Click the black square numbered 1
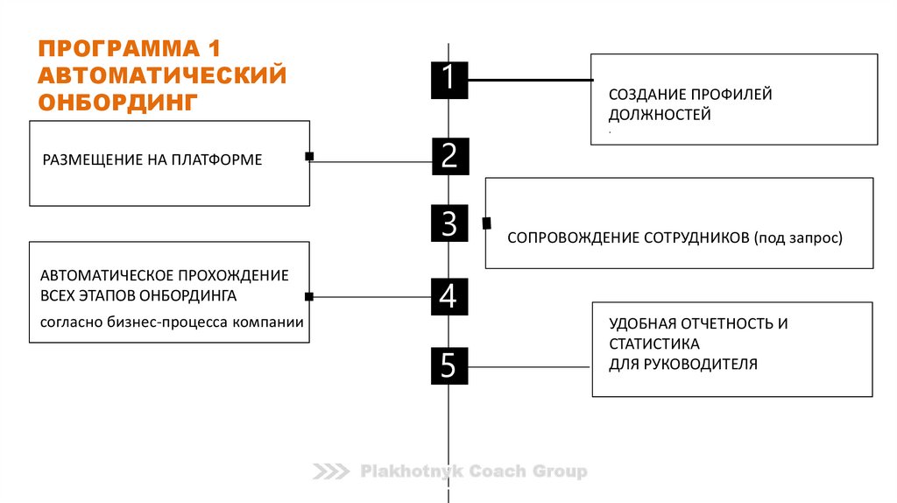pyautogui.click(x=448, y=79)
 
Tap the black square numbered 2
pyautogui.click(x=449, y=156)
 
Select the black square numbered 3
pyautogui.click(x=449, y=223)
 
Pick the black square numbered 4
pyautogui.click(x=448, y=296)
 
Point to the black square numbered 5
pyautogui.click(x=448, y=365)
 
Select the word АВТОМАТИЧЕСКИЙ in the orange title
pyautogui.click(x=162, y=74)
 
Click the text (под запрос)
pyautogui.click(x=796, y=237)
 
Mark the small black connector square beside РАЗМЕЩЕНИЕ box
pyautogui.click(x=309, y=157)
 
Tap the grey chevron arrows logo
pyautogui.click(x=331, y=472)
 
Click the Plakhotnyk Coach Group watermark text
pyautogui.click(x=474, y=472)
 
